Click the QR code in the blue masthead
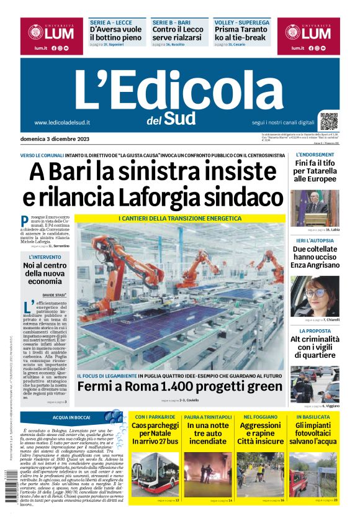tap(329, 121)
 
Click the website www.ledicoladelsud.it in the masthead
tap(62, 122)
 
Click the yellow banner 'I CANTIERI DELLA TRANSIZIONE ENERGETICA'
tap(180, 219)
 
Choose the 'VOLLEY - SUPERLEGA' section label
tap(242, 22)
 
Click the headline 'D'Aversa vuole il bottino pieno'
tap(116, 33)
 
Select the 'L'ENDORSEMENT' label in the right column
tap(315, 155)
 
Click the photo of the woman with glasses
tap(315, 296)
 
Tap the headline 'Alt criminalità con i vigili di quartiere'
tap(315, 347)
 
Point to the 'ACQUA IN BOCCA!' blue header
tap(72, 417)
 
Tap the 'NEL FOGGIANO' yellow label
tap(261, 417)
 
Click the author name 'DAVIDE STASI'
tap(54, 294)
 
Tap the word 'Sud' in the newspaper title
tap(180, 118)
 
